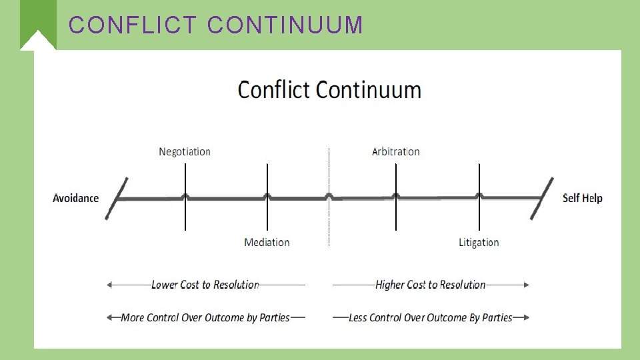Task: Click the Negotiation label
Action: click(x=185, y=152)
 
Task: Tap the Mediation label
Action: click(x=267, y=242)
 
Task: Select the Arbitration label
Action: click(x=396, y=152)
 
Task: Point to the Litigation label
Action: click(x=479, y=242)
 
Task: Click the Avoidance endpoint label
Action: click(x=76, y=198)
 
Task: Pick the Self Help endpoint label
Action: click(x=583, y=198)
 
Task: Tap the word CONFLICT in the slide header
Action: click(x=133, y=25)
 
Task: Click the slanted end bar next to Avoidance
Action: click(x=117, y=198)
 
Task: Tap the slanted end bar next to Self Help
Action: click(x=542, y=198)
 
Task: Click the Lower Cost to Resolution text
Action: click(x=205, y=285)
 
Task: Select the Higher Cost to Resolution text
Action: click(x=431, y=285)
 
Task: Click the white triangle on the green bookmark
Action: click(x=37, y=43)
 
